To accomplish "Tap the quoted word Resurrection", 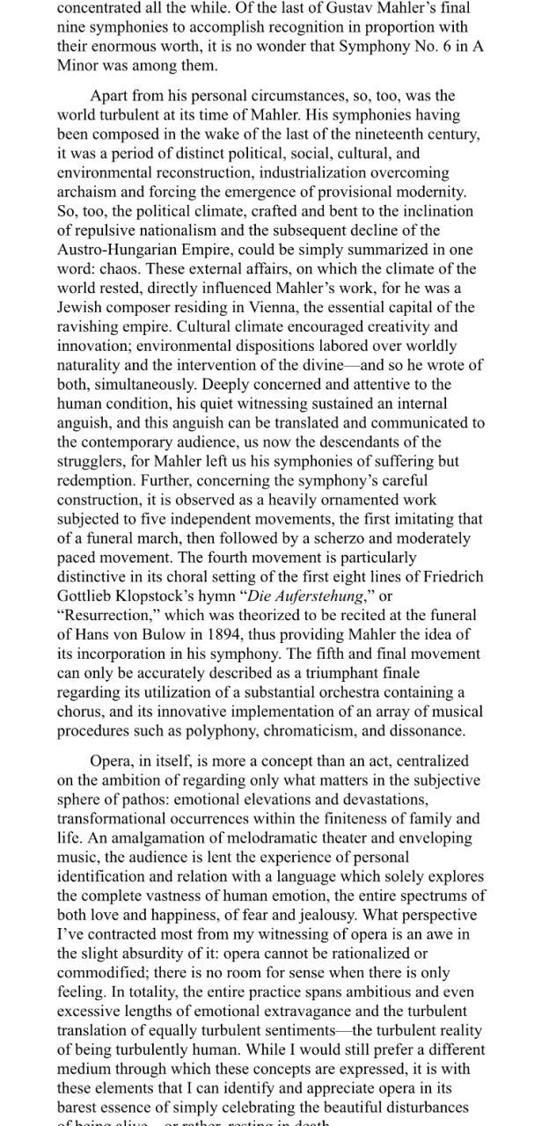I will pos(106,615).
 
